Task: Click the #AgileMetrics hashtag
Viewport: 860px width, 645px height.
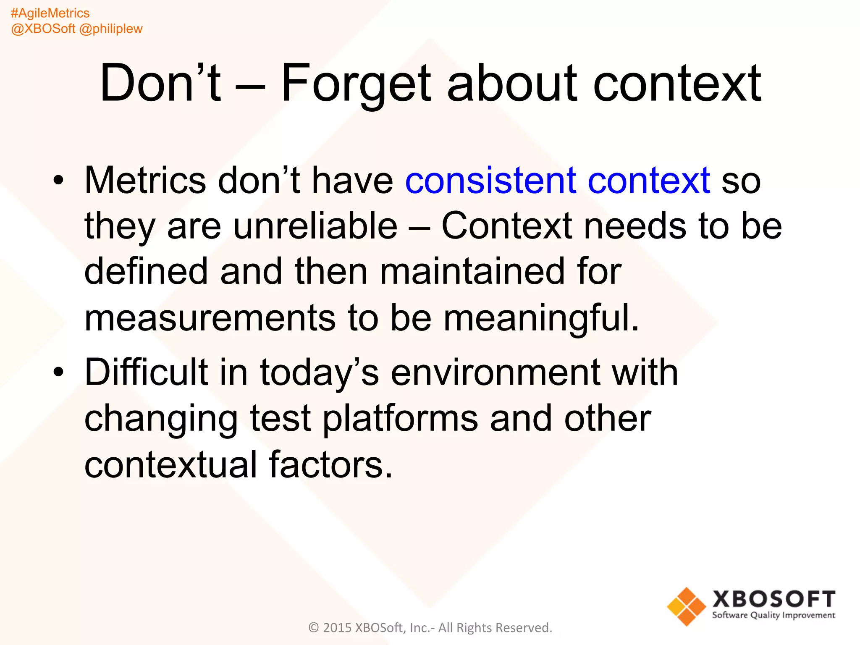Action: click(50, 13)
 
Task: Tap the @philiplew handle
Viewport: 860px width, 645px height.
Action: click(111, 29)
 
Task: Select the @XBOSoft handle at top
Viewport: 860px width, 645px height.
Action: click(43, 29)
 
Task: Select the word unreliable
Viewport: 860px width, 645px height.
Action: click(315, 226)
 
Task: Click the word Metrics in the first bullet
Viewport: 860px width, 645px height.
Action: click(145, 181)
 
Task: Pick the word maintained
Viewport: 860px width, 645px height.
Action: click(472, 272)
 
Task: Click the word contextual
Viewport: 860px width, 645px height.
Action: click(170, 464)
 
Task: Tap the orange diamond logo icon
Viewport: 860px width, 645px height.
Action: click(686, 606)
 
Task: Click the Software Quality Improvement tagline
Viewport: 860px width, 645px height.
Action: click(773, 616)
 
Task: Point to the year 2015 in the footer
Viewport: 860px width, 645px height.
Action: click(337, 628)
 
